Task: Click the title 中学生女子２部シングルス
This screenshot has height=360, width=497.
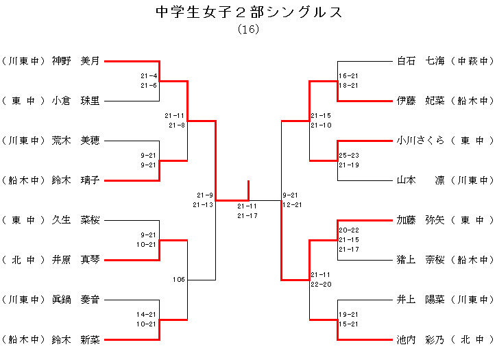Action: click(248, 12)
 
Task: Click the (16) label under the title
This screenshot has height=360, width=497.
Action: click(248, 29)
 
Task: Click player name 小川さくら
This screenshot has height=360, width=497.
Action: click(421, 141)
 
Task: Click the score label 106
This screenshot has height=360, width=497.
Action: click(179, 279)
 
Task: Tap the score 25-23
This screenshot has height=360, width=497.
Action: click(348, 156)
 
